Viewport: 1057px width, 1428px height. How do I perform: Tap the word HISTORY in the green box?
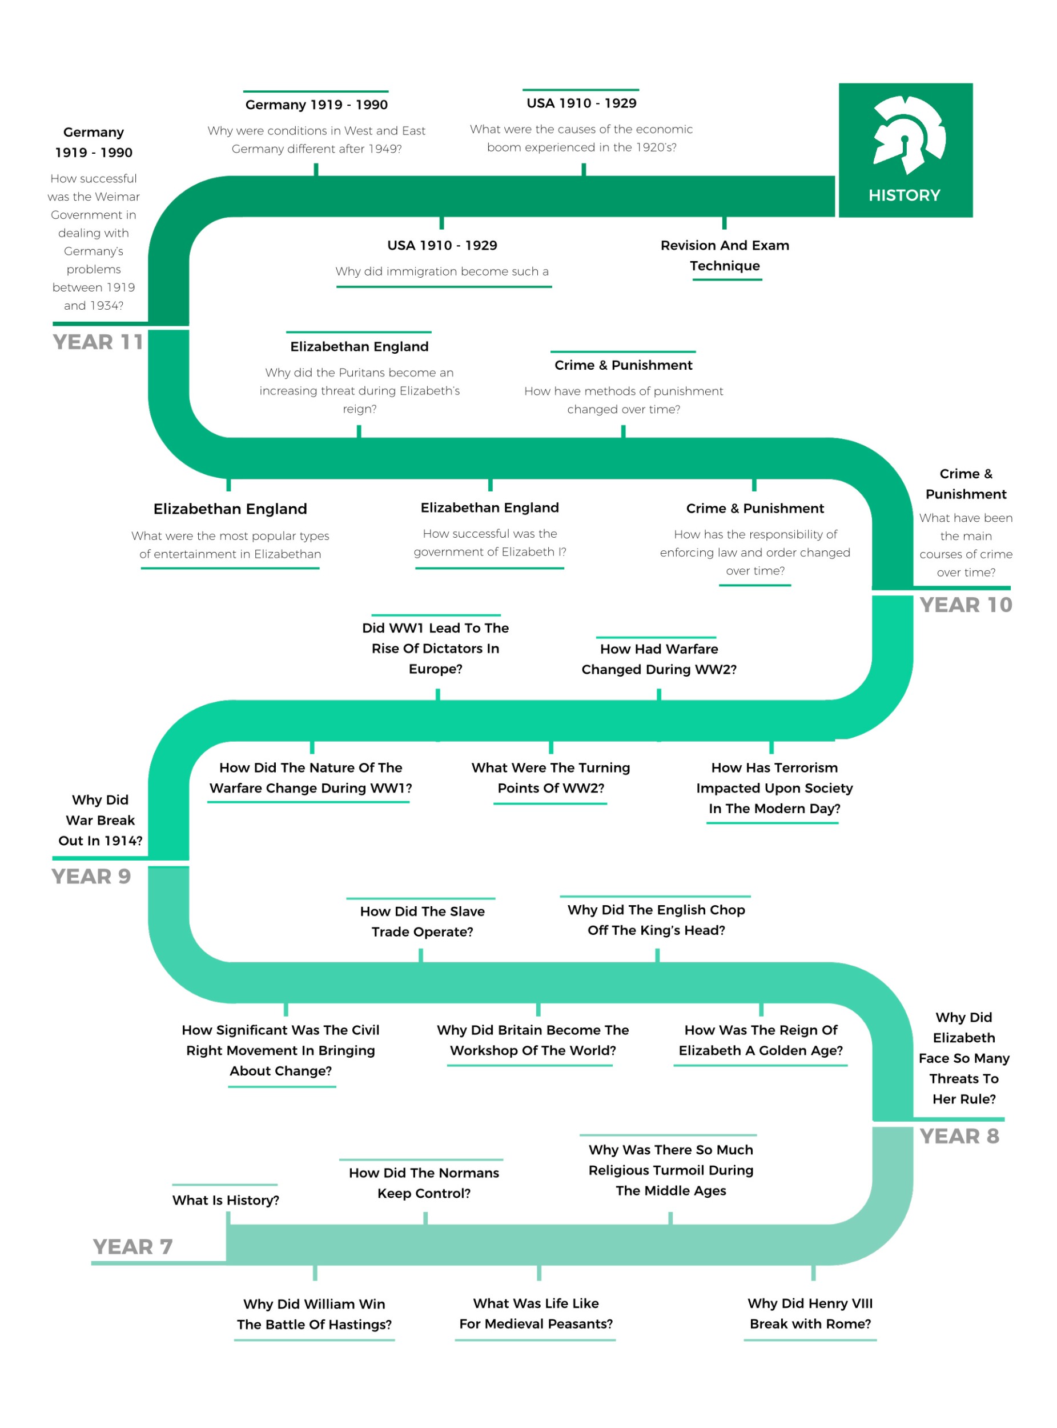coord(904,195)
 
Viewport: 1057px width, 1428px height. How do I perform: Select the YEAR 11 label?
coord(98,342)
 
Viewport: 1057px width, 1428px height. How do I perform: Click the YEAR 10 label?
coord(966,605)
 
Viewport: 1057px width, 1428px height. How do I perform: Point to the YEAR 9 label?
coord(91,876)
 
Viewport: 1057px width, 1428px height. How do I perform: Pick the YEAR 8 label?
coord(959,1136)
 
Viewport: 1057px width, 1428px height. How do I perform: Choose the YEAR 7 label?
coord(132,1247)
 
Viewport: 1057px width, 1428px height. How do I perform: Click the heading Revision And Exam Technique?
coord(725,255)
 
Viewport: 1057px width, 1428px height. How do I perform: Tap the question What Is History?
coord(226,1200)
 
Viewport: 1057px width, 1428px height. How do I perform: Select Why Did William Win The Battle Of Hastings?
coord(314,1314)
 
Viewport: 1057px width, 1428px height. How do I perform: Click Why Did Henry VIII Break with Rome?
coord(810,1313)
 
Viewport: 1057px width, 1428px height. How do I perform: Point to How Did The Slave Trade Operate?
coord(423,921)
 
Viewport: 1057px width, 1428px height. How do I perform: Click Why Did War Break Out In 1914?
coord(101,820)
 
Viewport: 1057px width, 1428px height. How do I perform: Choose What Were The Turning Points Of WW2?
coord(551,778)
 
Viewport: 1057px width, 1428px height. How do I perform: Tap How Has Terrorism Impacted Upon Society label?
coord(774,788)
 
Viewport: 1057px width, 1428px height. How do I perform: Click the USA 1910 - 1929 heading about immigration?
coord(442,245)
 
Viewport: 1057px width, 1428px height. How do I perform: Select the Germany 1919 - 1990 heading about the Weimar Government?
coord(94,142)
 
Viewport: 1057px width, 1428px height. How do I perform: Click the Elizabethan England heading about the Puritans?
coord(360,346)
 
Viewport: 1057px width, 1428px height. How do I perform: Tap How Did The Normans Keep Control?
coord(424,1183)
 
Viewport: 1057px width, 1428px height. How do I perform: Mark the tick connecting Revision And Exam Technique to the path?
coord(724,223)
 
